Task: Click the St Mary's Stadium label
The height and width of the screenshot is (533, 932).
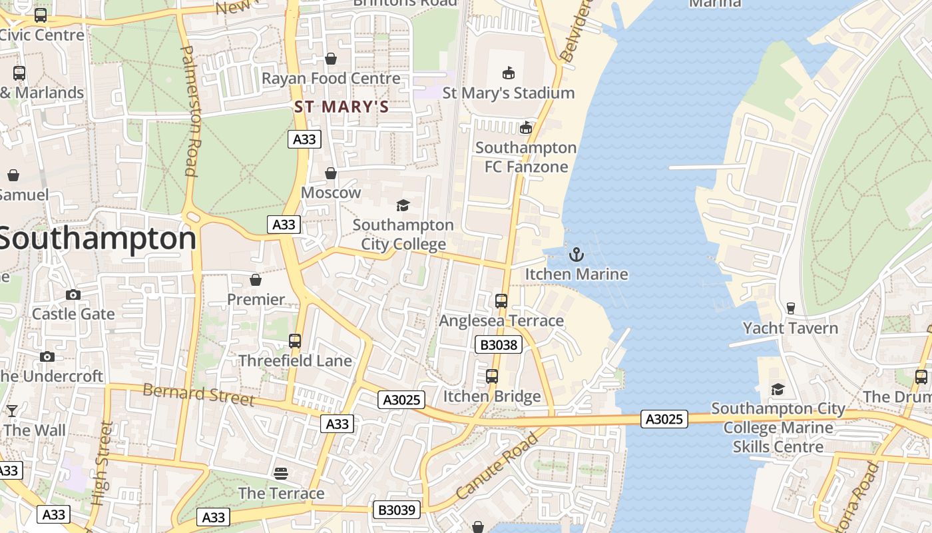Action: click(x=508, y=93)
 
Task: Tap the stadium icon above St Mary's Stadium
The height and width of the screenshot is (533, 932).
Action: click(x=509, y=73)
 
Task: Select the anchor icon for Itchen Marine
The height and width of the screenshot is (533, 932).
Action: click(x=577, y=254)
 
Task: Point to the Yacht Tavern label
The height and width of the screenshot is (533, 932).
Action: click(x=790, y=328)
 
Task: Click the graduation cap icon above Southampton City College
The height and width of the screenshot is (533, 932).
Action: click(x=403, y=205)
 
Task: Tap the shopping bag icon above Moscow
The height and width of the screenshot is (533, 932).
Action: click(x=331, y=173)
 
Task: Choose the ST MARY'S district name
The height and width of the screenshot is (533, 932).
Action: click(x=342, y=107)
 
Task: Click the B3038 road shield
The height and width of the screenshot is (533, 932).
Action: click(x=498, y=344)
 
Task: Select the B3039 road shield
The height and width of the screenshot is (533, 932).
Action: click(x=397, y=510)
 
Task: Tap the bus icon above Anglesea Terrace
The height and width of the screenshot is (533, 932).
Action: click(x=501, y=301)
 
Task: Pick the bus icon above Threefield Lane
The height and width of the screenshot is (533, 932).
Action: click(x=295, y=341)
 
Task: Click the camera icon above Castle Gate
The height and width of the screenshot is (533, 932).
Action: click(x=73, y=294)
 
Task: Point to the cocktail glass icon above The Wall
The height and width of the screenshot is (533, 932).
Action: click(x=12, y=410)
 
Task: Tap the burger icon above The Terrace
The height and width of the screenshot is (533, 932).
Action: click(x=281, y=474)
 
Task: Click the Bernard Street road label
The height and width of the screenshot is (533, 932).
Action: click(x=198, y=394)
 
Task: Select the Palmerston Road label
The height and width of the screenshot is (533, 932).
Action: click(x=190, y=111)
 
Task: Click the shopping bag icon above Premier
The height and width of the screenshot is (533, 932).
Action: click(x=256, y=280)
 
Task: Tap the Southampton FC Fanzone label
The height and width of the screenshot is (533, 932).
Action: click(x=526, y=157)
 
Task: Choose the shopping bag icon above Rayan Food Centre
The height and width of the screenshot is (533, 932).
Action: click(x=331, y=59)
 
